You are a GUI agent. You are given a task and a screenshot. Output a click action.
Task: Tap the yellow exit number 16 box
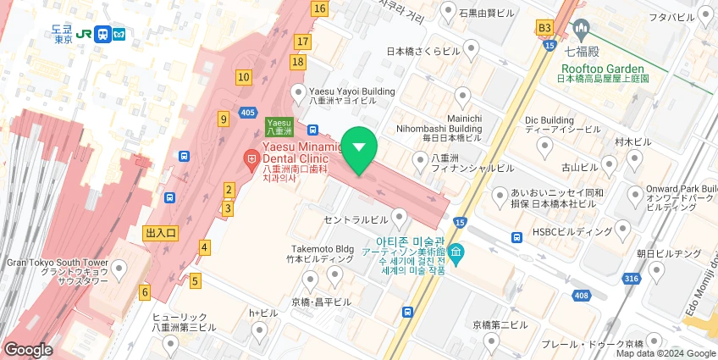click(318, 8)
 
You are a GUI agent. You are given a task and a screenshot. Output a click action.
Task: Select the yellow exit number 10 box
click(244, 77)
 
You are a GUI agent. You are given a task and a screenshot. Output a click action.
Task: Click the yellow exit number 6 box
click(145, 292)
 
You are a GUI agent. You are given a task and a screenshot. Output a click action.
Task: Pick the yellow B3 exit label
click(544, 28)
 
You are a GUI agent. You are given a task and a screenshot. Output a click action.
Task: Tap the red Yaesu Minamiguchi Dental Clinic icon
click(251, 158)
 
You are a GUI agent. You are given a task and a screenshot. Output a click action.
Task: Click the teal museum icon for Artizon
click(456, 252)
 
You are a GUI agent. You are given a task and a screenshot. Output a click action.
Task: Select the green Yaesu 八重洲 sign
click(279, 126)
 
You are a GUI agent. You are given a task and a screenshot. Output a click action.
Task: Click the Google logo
click(27, 349)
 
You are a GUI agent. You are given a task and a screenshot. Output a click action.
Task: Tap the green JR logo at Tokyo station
click(84, 34)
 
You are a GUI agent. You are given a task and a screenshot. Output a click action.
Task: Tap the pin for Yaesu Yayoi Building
click(298, 92)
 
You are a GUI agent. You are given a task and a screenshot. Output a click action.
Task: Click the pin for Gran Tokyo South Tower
click(119, 271)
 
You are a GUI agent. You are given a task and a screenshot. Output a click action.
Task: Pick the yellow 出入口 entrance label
click(160, 233)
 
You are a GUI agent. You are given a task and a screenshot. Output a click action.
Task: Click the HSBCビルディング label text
click(572, 231)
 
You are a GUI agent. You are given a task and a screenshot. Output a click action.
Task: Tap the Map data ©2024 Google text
click(665, 353)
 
